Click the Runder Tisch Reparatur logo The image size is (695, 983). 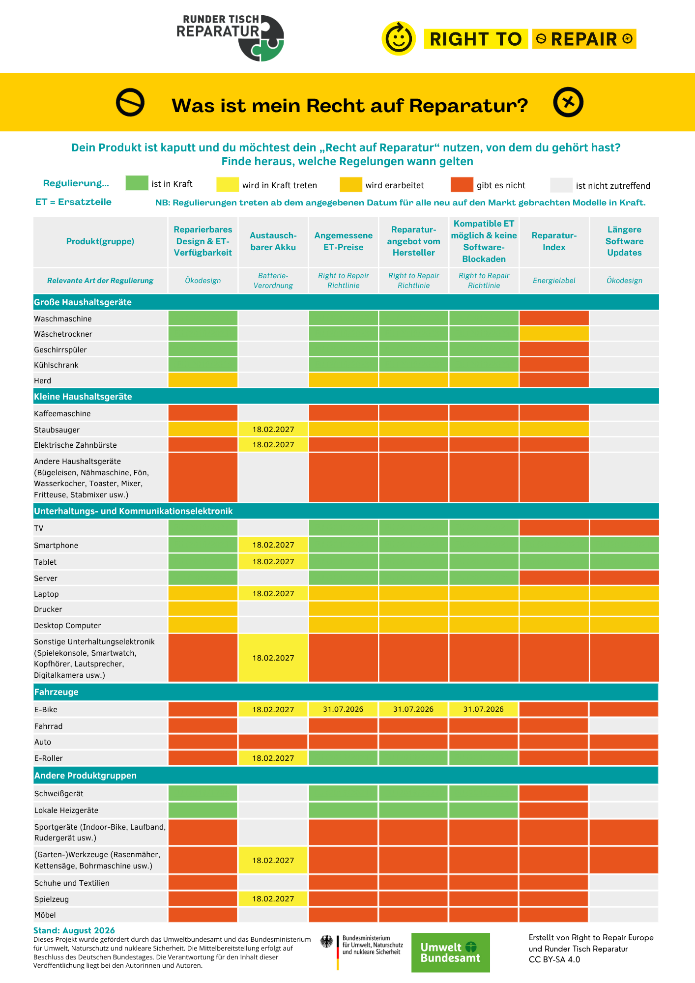click(230, 38)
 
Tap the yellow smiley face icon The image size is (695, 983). click(399, 38)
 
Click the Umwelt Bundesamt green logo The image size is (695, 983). click(450, 953)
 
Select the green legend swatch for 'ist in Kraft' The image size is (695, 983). click(137, 183)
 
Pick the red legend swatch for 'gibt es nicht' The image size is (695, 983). click(462, 184)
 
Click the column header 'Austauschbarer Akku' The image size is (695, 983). click(273, 241)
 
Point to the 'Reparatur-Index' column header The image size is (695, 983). click(554, 241)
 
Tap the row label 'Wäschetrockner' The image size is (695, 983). click(63, 334)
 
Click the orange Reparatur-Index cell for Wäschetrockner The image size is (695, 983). click(554, 334)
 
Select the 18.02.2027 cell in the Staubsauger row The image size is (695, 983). click(273, 430)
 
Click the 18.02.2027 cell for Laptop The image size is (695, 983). click(273, 594)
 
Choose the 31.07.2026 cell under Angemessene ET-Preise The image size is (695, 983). click(343, 709)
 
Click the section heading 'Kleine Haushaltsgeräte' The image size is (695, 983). click(83, 397)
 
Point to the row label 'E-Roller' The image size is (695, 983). click(48, 758)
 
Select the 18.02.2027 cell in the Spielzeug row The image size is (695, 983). click(273, 899)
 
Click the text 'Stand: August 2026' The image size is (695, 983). click(74, 930)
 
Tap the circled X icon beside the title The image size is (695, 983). click(568, 102)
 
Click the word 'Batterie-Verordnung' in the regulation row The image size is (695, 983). click(273, 281)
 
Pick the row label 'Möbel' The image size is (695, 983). click(45, 915)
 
